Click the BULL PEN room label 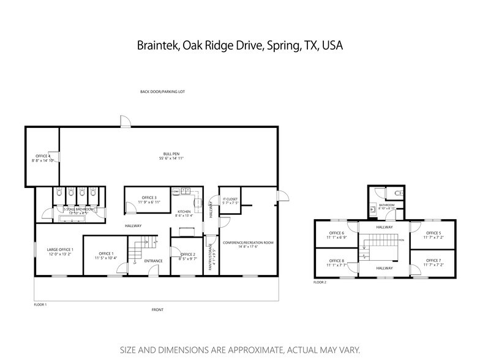click(171, 153)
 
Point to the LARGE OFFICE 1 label click(60, 250)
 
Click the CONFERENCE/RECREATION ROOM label click(247, 242)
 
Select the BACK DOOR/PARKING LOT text click(162, 92)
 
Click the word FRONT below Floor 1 click(157, 310)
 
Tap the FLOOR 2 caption click(320, 283)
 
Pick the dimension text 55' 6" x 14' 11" click(171, 158)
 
